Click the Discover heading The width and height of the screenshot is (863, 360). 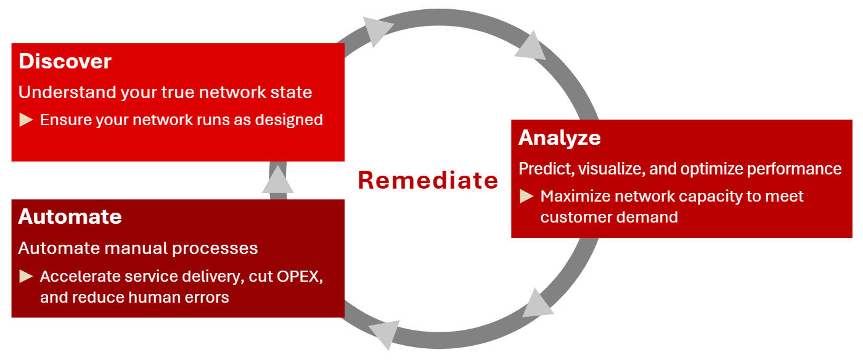[65, 62]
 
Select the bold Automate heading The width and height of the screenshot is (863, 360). [70, 217]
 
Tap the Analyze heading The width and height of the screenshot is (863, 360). [559, 137]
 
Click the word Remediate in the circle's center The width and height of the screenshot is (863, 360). [428, 180]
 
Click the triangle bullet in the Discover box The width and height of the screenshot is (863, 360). [26, 120]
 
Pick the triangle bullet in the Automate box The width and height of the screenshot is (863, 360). [26, 276]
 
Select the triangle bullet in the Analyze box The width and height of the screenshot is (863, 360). [526, 197]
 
